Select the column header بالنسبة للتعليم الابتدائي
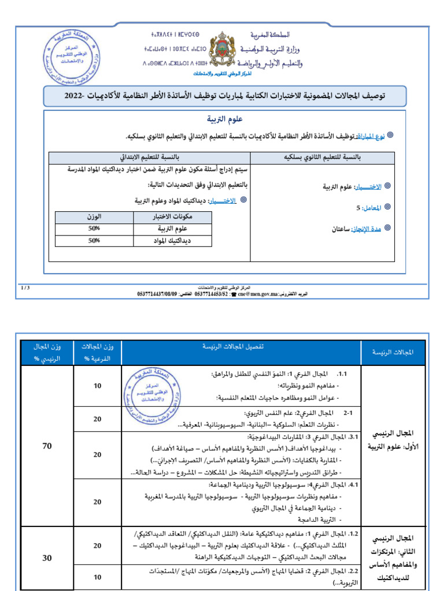149,157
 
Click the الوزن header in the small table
94,217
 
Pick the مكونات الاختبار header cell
165,217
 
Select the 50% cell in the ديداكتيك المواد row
94,241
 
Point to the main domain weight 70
49,446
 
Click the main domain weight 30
49,558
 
